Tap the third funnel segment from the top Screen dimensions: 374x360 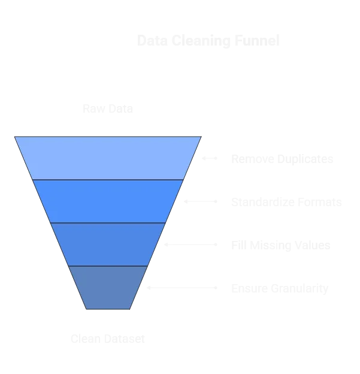click(x=108, y=245)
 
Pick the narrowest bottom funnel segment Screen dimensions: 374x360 click(x=108, y=288)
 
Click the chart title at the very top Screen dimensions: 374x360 click(x=208, y=42)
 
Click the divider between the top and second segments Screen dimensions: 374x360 click(x=108, y=180)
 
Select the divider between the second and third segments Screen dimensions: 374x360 click(x=108, y=223)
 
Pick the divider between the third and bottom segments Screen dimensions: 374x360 click(x=108, y=266)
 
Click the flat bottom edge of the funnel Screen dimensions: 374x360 click(x=108, y=310)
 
